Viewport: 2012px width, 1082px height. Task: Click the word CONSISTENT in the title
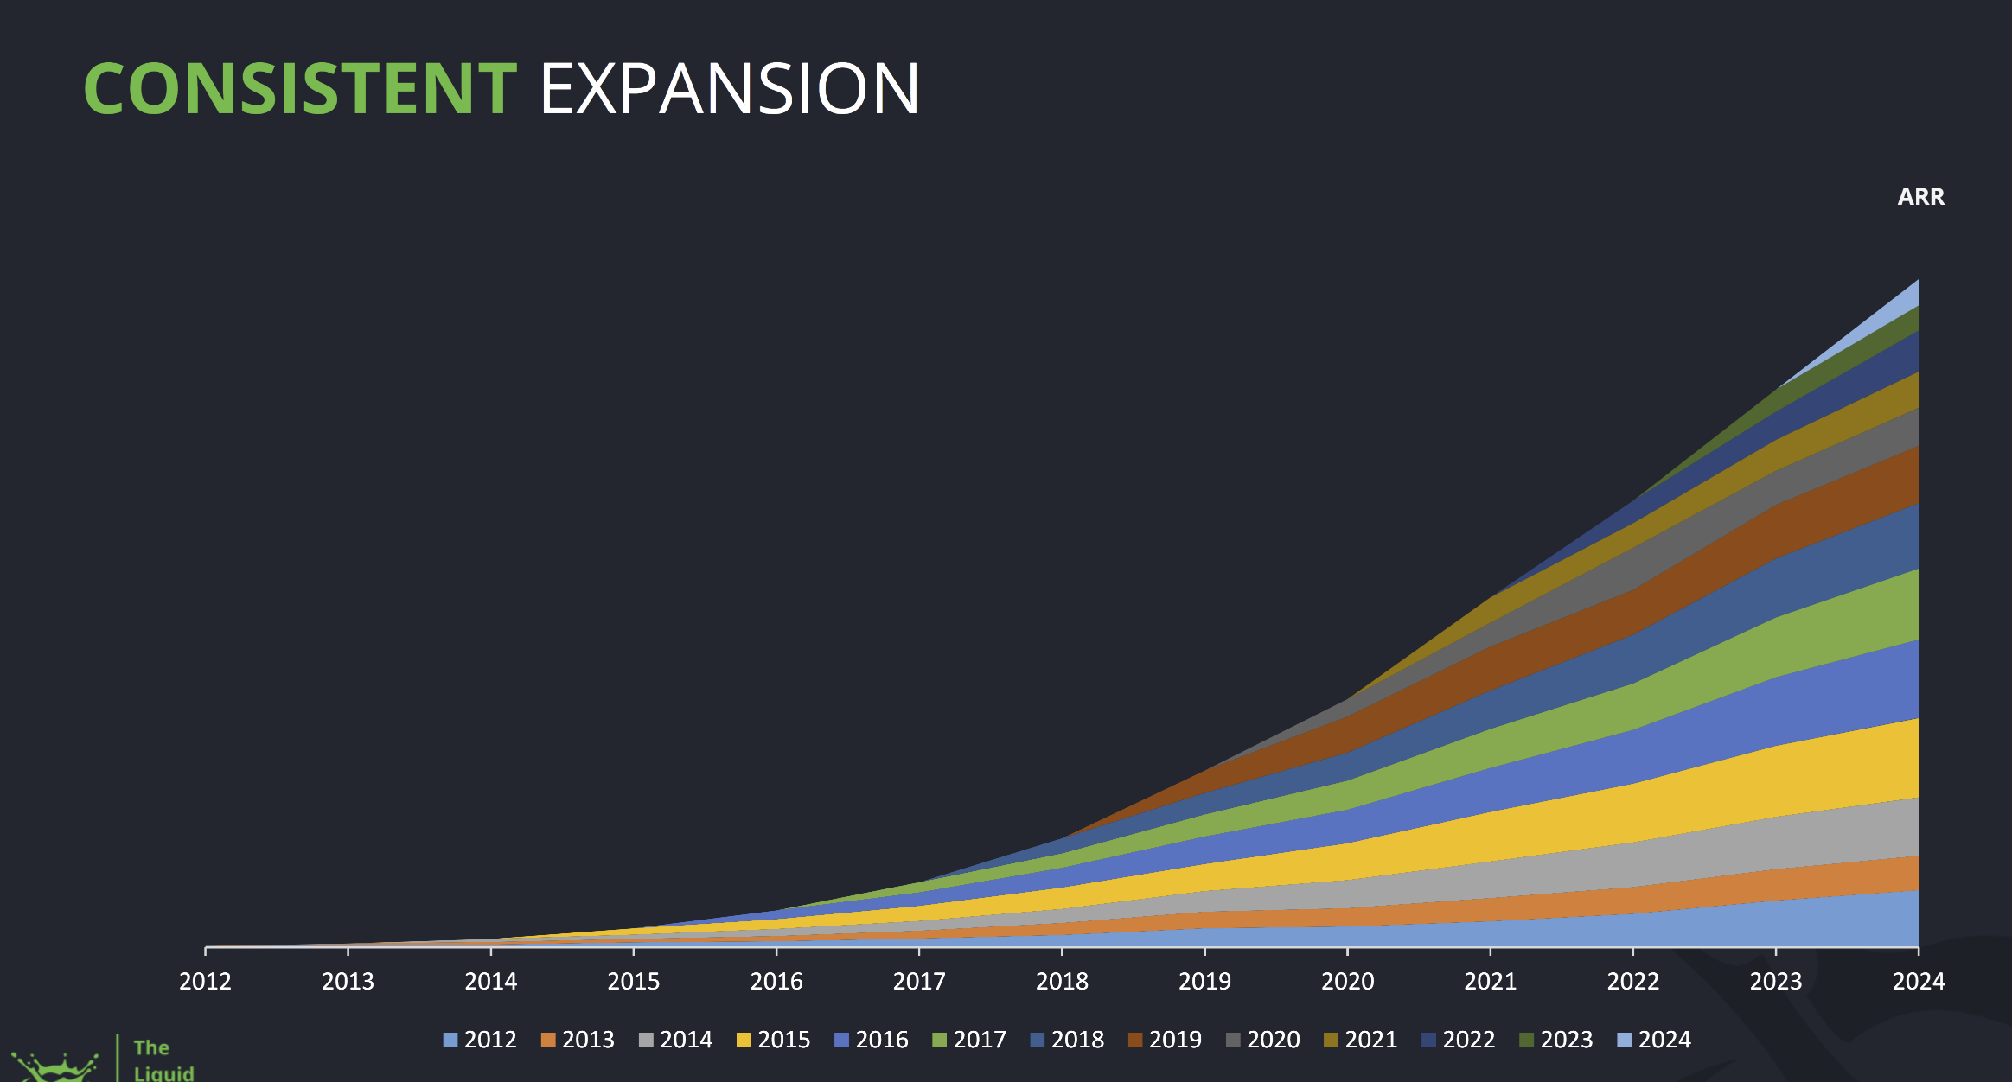300,89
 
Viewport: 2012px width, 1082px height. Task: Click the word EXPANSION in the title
729,89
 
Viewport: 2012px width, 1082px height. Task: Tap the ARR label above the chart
1920,197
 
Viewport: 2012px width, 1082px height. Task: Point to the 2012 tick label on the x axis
205,982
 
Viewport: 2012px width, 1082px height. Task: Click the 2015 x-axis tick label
633,982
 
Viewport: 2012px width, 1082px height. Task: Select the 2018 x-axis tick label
1062,982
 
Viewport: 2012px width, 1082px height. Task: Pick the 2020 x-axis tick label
1347,982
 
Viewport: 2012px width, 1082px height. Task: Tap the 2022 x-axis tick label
1632,982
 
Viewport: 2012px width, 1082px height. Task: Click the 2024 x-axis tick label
1918,982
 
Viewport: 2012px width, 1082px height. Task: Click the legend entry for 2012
480,1040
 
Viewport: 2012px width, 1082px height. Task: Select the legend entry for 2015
774,1040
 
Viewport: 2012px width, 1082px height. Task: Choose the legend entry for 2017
969,1040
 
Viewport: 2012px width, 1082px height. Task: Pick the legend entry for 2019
1166,1040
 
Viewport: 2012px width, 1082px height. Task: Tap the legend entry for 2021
1361,1040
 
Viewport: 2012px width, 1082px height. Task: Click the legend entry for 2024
1654,1040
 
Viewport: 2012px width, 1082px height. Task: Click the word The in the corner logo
151,1047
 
